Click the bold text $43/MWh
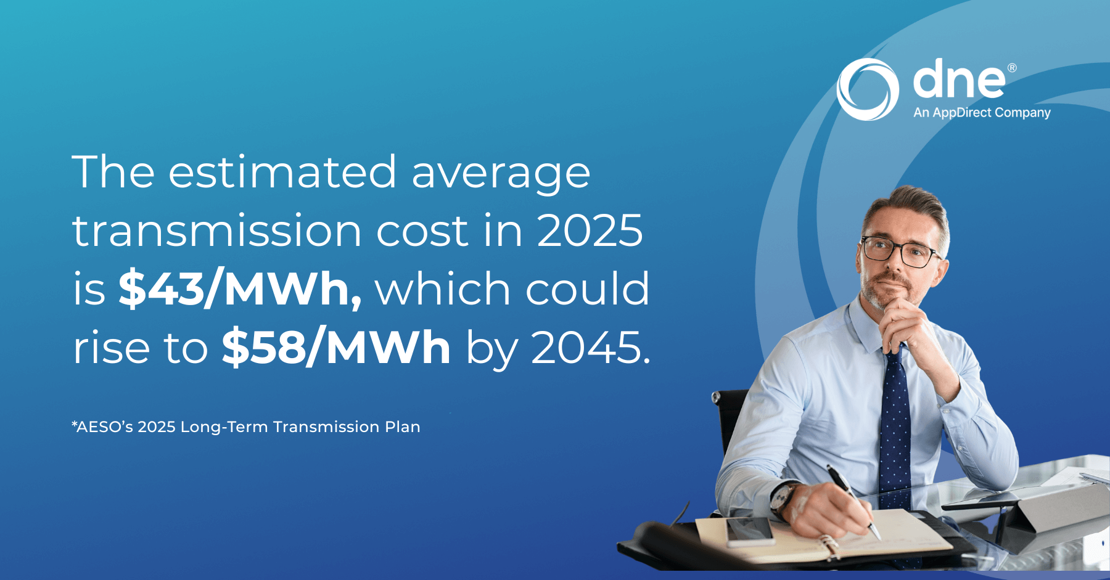coord(239,288)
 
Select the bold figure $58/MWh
coord(336,348)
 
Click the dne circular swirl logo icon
coord(867,89)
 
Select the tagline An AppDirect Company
coord(982,113)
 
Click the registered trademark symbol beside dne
coord(1012,68)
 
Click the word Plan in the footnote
coord(403,427)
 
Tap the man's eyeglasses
coord(900,251)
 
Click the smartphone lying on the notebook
coord(749,531)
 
